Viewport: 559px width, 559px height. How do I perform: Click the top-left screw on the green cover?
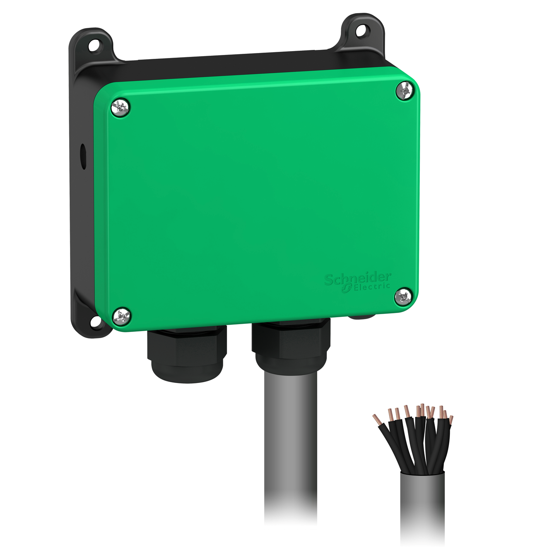tap(120, 107)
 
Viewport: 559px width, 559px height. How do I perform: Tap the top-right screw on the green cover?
tap(405, 91)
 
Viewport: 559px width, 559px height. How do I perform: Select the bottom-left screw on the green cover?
tap(121, 316)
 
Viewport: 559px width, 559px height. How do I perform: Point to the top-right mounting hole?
tap(361, 31)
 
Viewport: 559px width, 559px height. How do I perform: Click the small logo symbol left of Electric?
tap(346, 289)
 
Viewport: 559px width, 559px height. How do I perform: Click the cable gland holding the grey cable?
tap(291, 347)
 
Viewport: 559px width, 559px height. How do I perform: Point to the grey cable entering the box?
tap(291, 445)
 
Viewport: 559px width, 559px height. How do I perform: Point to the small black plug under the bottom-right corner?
tap(362, 318)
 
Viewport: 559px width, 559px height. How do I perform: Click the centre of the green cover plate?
tap(257, 201)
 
